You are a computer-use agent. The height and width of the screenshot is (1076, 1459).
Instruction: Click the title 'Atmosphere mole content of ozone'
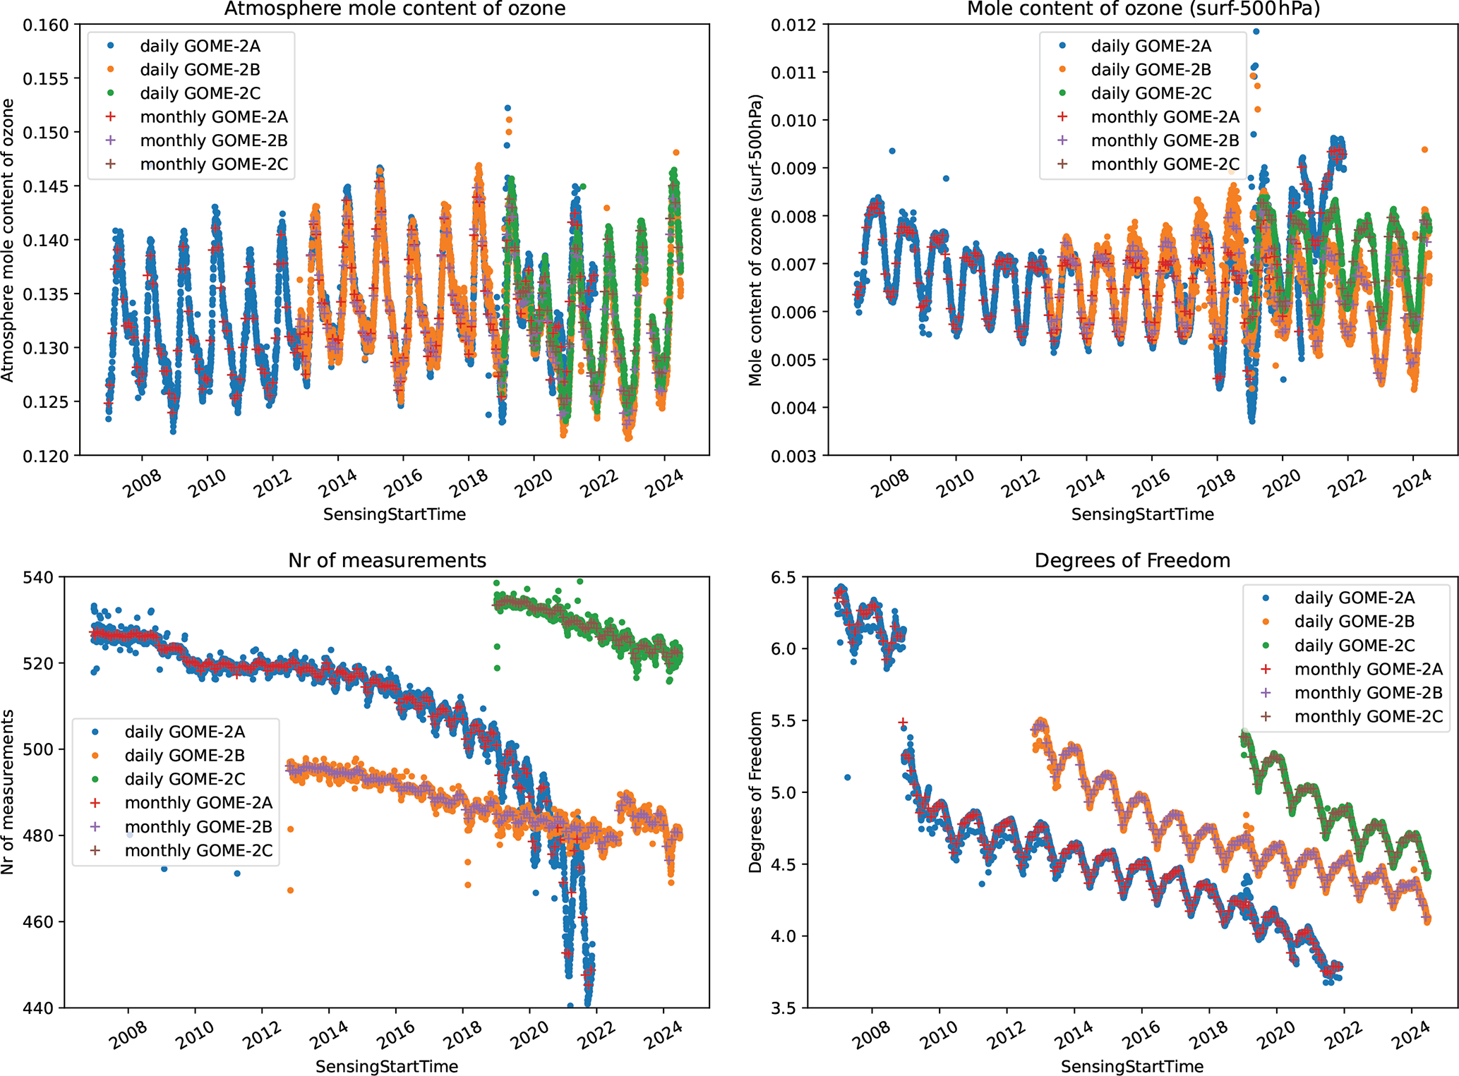coord(395,9)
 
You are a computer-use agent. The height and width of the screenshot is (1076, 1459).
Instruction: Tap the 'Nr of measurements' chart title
coord(387,560)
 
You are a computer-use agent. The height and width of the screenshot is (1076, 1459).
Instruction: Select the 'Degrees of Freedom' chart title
coord(1132,560)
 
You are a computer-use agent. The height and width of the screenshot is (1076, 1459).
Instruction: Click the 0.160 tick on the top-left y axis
coord(47,25)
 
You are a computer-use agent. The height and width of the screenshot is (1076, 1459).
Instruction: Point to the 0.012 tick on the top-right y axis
coord(794,25)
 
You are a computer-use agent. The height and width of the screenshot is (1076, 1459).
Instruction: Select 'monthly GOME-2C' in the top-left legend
coord(214,164)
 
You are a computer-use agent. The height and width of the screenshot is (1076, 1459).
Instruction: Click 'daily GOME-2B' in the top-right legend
coord(1151,70)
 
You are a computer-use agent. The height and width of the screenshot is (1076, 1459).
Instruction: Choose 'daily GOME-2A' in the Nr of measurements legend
coord(184,732)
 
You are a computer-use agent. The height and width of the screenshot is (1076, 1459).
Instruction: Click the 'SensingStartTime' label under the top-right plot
coord(1142,514)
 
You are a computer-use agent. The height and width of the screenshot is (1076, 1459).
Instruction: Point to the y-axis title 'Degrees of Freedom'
coord(755,792)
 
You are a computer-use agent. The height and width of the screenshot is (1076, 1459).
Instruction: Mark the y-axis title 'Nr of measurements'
coord(8,792)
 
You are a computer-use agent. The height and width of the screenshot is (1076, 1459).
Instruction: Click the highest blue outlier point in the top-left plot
coord(508,108)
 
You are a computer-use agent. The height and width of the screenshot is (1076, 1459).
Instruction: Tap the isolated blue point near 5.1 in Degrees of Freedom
coord(848,778)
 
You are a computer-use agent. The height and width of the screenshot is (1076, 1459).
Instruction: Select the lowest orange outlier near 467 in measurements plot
coord(290,890)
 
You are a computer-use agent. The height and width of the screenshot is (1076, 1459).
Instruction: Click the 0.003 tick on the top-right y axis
coord(794,457)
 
